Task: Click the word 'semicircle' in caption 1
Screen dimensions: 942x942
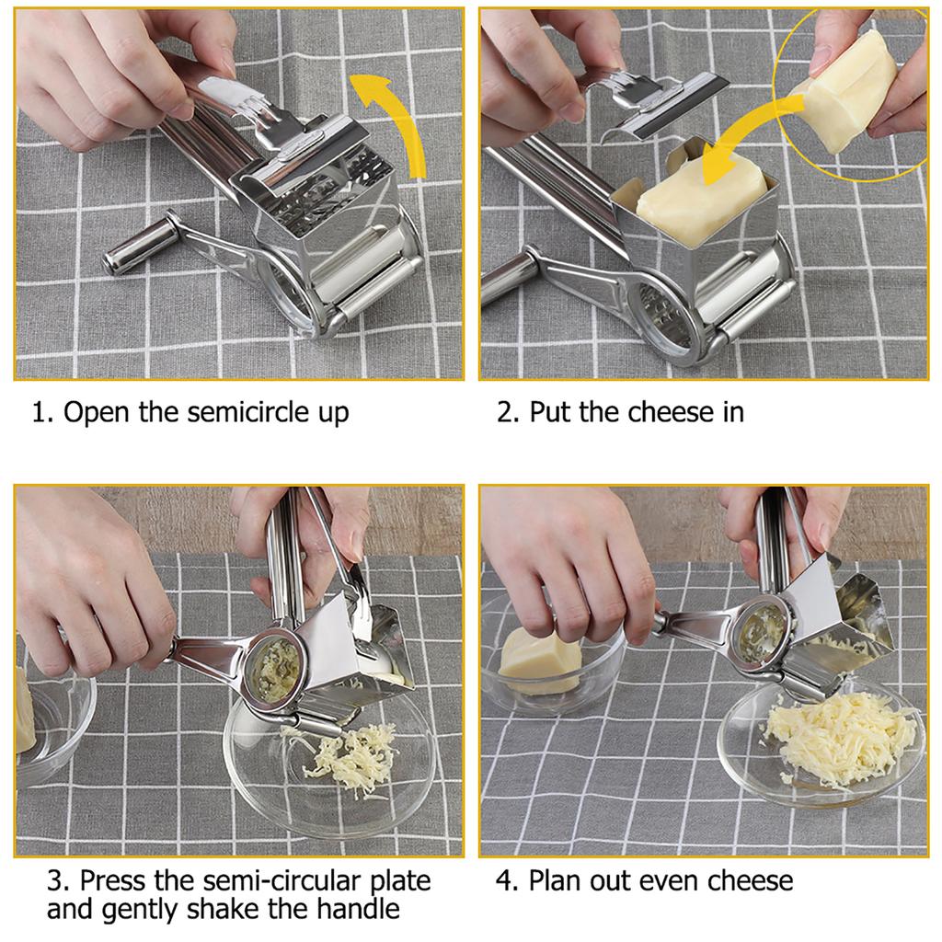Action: coord(246,411)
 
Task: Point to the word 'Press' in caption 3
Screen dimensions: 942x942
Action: coord(113,880)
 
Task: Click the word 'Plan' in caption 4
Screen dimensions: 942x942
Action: coord(558,880)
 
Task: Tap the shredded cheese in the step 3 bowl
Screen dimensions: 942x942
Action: coord(354,754)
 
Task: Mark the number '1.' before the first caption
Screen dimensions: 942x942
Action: coord(42,411)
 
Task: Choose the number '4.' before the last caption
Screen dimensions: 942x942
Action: coord(508,880)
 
